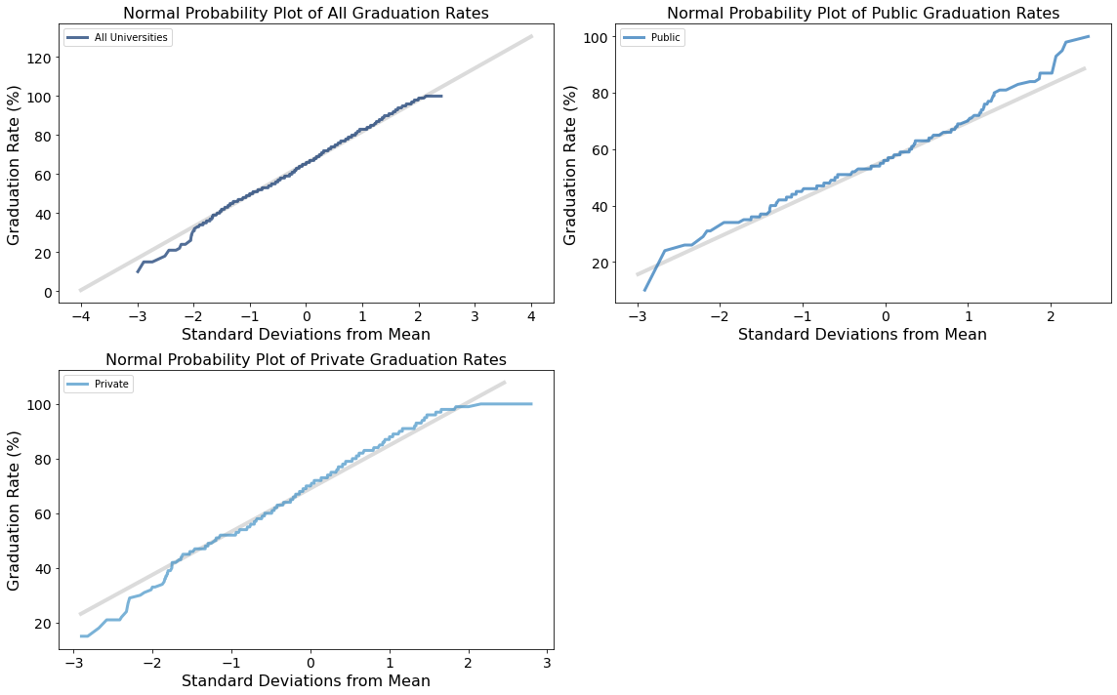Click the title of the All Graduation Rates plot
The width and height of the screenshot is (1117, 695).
[x=306, y=13]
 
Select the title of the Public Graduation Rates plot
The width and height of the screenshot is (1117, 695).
[x=862, y=13]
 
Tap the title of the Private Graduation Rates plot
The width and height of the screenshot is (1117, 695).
[x=306, y=360]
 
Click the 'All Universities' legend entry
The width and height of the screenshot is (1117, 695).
[x=118, y=37]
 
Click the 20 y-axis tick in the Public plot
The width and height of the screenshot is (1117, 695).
[x=597, y=264]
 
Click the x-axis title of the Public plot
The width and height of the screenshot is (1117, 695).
[x=862, y=335]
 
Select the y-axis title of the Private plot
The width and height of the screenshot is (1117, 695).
[x=14, y=509]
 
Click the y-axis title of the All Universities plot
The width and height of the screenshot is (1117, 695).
[x=14, y=161]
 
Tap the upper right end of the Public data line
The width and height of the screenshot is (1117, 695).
[x=1088, y=37]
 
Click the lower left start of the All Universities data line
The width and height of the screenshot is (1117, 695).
[x=138, y=271]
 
